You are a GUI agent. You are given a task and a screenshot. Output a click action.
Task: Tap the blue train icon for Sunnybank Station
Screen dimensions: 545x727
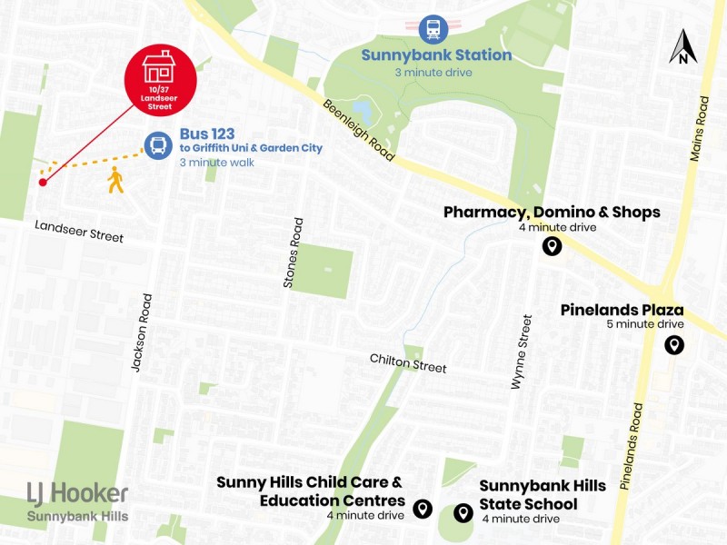coord(433,28)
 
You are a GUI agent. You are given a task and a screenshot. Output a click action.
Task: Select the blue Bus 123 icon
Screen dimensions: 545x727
coord(158,145)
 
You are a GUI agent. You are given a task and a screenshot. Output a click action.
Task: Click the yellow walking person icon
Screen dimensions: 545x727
coord(115,180)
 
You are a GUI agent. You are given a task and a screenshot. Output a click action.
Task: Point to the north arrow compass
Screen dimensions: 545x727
coord(682,47)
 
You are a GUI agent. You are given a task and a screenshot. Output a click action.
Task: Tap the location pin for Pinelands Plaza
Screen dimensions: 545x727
coord(673,345)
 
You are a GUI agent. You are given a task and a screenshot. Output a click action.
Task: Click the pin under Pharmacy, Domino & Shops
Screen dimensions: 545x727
coord(551,246)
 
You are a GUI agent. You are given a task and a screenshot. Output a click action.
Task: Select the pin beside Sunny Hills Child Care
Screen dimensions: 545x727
coord(422,509)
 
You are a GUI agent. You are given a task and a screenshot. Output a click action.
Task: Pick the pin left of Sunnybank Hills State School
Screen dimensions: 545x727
coord(463,513)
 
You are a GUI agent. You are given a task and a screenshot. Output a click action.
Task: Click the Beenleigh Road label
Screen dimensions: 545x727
coord(359,130)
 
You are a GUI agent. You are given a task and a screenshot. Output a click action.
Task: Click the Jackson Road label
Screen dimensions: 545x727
coord(138,331)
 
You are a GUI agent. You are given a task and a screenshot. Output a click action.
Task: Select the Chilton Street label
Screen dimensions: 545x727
coord(408,362)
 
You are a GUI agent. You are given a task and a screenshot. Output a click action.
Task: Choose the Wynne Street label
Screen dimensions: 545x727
coord(521,352)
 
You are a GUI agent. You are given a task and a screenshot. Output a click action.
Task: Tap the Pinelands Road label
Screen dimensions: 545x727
coord(632,447)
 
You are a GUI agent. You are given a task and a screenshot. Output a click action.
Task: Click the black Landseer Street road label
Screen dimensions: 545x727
coord(78,231)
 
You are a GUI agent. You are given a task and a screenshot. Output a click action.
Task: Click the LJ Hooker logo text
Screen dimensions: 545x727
coord(77,493)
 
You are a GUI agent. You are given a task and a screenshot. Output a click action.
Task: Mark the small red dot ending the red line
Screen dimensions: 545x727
coord(43,183)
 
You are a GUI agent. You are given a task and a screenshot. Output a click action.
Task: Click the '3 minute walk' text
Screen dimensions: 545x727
coord(215,163)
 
